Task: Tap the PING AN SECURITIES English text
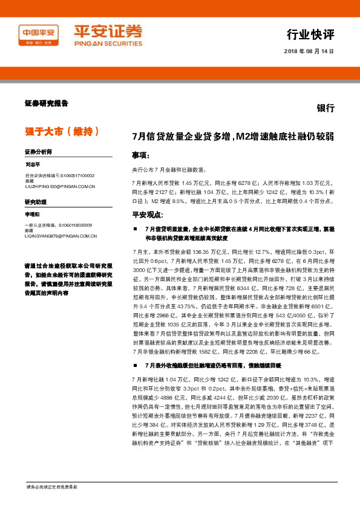108,44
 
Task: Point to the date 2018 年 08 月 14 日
309,51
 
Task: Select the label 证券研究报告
46,103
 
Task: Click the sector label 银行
326,108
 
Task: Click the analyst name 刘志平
33,164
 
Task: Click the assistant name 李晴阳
33,214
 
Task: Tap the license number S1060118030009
71,225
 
